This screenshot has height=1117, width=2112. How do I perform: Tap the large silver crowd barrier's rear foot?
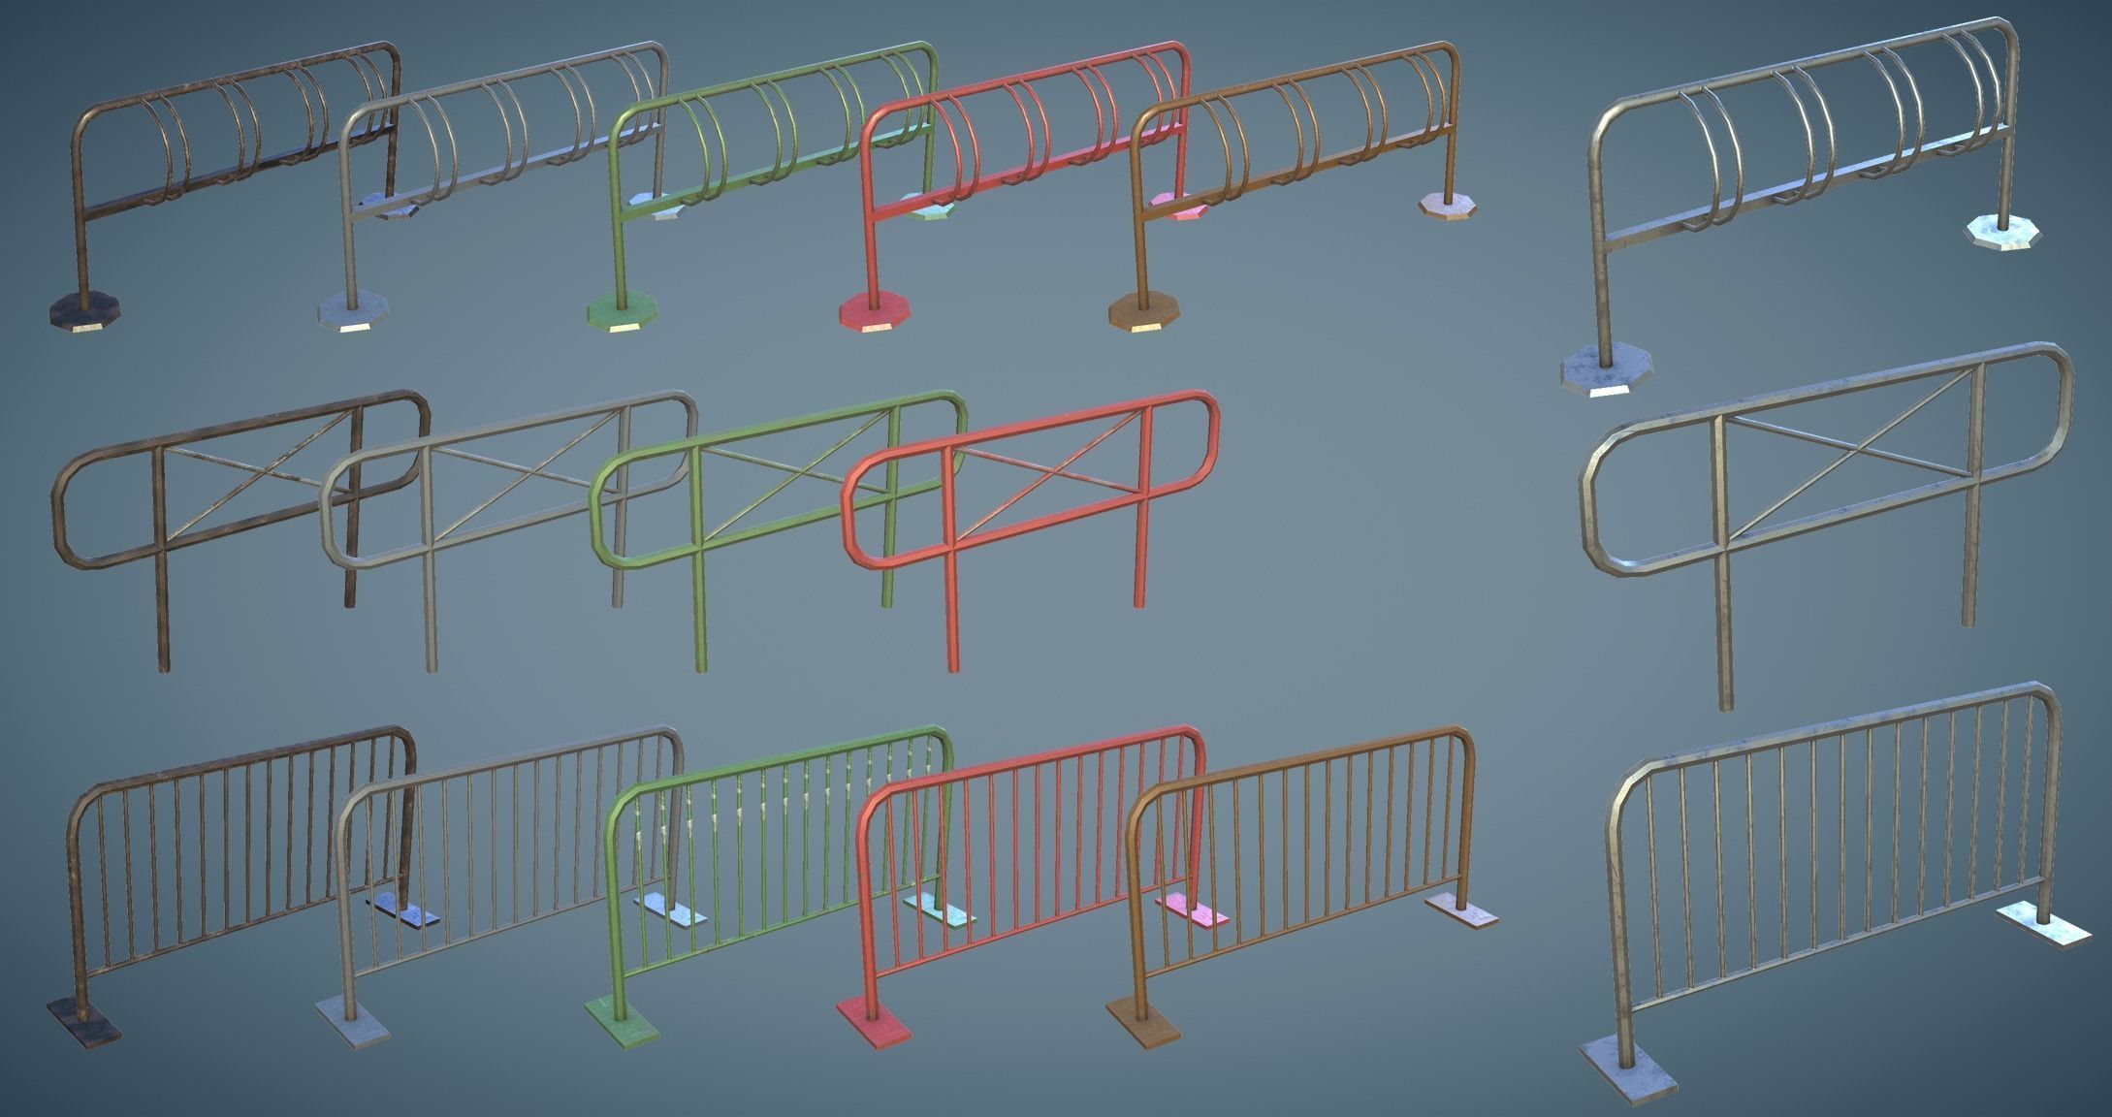pos(2044,924)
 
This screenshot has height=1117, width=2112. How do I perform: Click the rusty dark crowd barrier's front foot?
pos(83,1020)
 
